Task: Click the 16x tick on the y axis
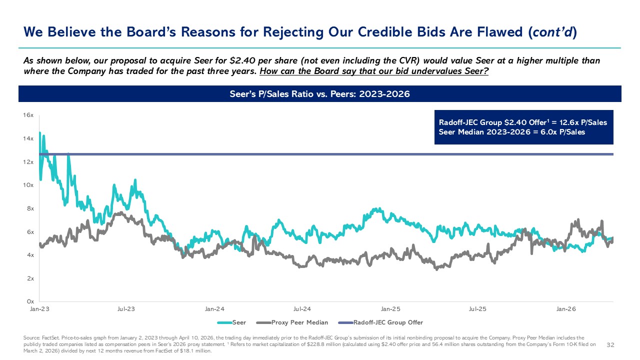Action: (x=28, y=115)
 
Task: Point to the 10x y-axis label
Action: (x=28, y=185)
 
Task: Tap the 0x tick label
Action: (x=30, y=301)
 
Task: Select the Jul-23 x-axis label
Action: (x=126, y=309)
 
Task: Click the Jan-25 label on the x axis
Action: (x=390, y=309)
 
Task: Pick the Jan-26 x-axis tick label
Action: (x=566, y=309)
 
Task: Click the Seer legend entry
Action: (x=231, y=322)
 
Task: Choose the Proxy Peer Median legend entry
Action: (x=292, y=322)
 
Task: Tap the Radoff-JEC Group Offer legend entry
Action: (x=380, y=322)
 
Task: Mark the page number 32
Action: (x=610, y=345)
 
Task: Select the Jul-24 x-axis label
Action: (x=302, y=309)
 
